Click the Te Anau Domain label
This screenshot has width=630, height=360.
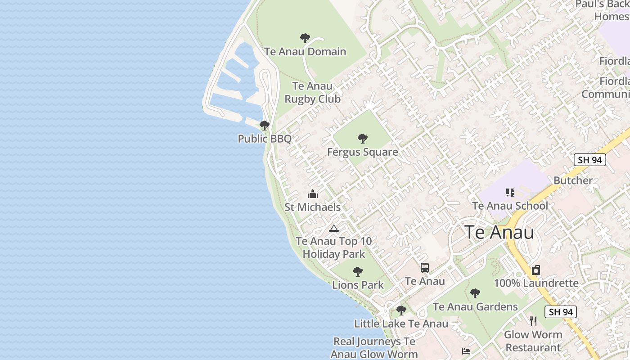click(x=305, y=51)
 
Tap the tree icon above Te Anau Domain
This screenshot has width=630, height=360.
click(x=305, y=38)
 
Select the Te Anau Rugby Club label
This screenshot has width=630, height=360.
click(x=312, y=92)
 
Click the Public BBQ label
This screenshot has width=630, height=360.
click(x=265, y=139)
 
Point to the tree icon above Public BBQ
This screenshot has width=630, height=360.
click(x=265, y=126)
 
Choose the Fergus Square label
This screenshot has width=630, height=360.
click(x=362, y=152)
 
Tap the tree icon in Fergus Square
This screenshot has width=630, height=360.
click(x=362, y=139)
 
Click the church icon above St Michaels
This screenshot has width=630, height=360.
click(x=312, y=194)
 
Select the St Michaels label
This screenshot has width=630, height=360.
click(x=312, y=207)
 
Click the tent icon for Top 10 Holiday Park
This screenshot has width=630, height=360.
click(x=333, y=228)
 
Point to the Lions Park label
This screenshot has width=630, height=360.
click(x=358, y=285)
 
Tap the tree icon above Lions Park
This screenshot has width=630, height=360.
click(x=358, y=271)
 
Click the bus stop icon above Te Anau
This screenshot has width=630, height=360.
click(x=424, y=268)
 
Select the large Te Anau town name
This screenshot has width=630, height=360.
click(x=499, y=232)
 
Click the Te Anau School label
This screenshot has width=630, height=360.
click(x=510, y=206)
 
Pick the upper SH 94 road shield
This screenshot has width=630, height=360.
click(x=590, y=160)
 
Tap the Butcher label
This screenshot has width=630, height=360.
click(x=573, y=180)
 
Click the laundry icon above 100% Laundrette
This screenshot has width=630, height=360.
click(x=536, y=270)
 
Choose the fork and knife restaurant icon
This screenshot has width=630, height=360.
click(x=533, y=321)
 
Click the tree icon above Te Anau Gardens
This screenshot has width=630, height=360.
click(x=475, y=293)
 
